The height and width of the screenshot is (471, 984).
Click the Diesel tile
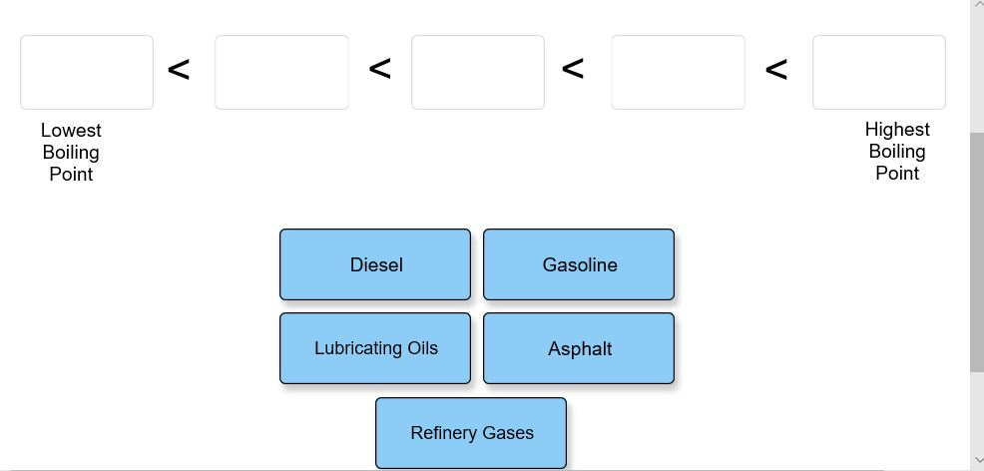coord(375,264)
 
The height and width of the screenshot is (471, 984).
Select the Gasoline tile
coord(579,264)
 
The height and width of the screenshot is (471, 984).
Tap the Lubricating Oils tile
coord(375,348)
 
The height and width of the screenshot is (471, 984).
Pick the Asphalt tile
coord(579,348)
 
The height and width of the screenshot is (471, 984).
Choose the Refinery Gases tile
coord(471,433)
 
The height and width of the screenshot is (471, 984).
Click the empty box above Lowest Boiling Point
coord(87,72)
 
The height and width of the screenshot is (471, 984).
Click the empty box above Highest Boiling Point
coord(878,72)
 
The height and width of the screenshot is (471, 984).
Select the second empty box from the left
coord(281,72)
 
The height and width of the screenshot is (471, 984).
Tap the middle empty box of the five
coord(478,72)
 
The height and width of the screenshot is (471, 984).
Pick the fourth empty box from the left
coord(678,72)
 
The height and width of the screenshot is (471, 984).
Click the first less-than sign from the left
coord(179,70)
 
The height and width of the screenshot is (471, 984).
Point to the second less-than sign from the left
coord(379,69)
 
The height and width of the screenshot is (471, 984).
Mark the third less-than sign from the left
coord(573,69)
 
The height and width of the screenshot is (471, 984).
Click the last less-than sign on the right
coord(776,70)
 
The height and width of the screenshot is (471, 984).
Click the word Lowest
coord(71,131)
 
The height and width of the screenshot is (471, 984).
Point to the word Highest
coord(897,130)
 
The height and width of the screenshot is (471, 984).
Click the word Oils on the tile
coord(422,348)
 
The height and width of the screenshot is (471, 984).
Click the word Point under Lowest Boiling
coord(71,175)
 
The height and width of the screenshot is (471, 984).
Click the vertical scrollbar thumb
coord(977,249)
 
